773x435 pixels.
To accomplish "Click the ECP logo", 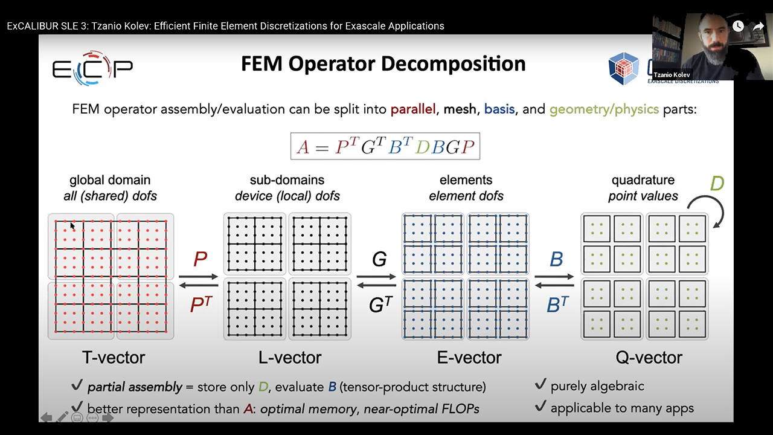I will pos(92,67).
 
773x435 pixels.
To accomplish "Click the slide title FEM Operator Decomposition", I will pos(383,64).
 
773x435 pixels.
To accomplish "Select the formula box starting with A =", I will pos(385,147).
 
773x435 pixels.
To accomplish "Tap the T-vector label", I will pos(114,358).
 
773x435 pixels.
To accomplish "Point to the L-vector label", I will pos(290,358).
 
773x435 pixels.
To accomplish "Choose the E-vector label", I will pos(469,358).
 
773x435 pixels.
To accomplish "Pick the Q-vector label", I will pos(649,358).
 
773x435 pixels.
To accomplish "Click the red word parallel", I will pos(413,109).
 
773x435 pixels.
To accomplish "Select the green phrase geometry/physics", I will pos(604,109).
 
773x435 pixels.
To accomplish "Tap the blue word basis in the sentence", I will pos(499,109).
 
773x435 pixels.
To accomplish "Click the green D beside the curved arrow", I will pos(717,183).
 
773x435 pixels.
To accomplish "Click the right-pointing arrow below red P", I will pos(199,277).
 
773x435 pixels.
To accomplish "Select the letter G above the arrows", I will pos(379,259).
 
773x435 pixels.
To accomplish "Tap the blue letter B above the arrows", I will pos(556,259).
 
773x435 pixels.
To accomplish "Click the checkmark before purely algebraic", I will pos(541,385).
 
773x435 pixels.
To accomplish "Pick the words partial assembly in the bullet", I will pos(135,387).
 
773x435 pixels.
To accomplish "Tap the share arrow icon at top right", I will pos(759,26).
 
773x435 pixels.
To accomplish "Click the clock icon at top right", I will pos(738,26).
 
